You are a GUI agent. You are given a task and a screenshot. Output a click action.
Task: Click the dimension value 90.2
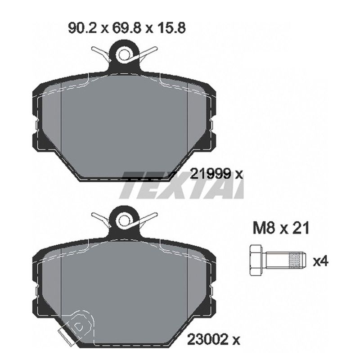coord(84,29)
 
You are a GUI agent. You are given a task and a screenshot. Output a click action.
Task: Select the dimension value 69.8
coord(127,29)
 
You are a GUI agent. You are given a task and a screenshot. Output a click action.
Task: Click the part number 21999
coord(211,174)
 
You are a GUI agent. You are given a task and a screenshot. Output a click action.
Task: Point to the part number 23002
coord(208,339)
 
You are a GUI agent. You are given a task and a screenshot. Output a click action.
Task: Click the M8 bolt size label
coord(264,228)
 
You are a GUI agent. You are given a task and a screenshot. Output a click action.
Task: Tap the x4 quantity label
coord(321,261)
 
